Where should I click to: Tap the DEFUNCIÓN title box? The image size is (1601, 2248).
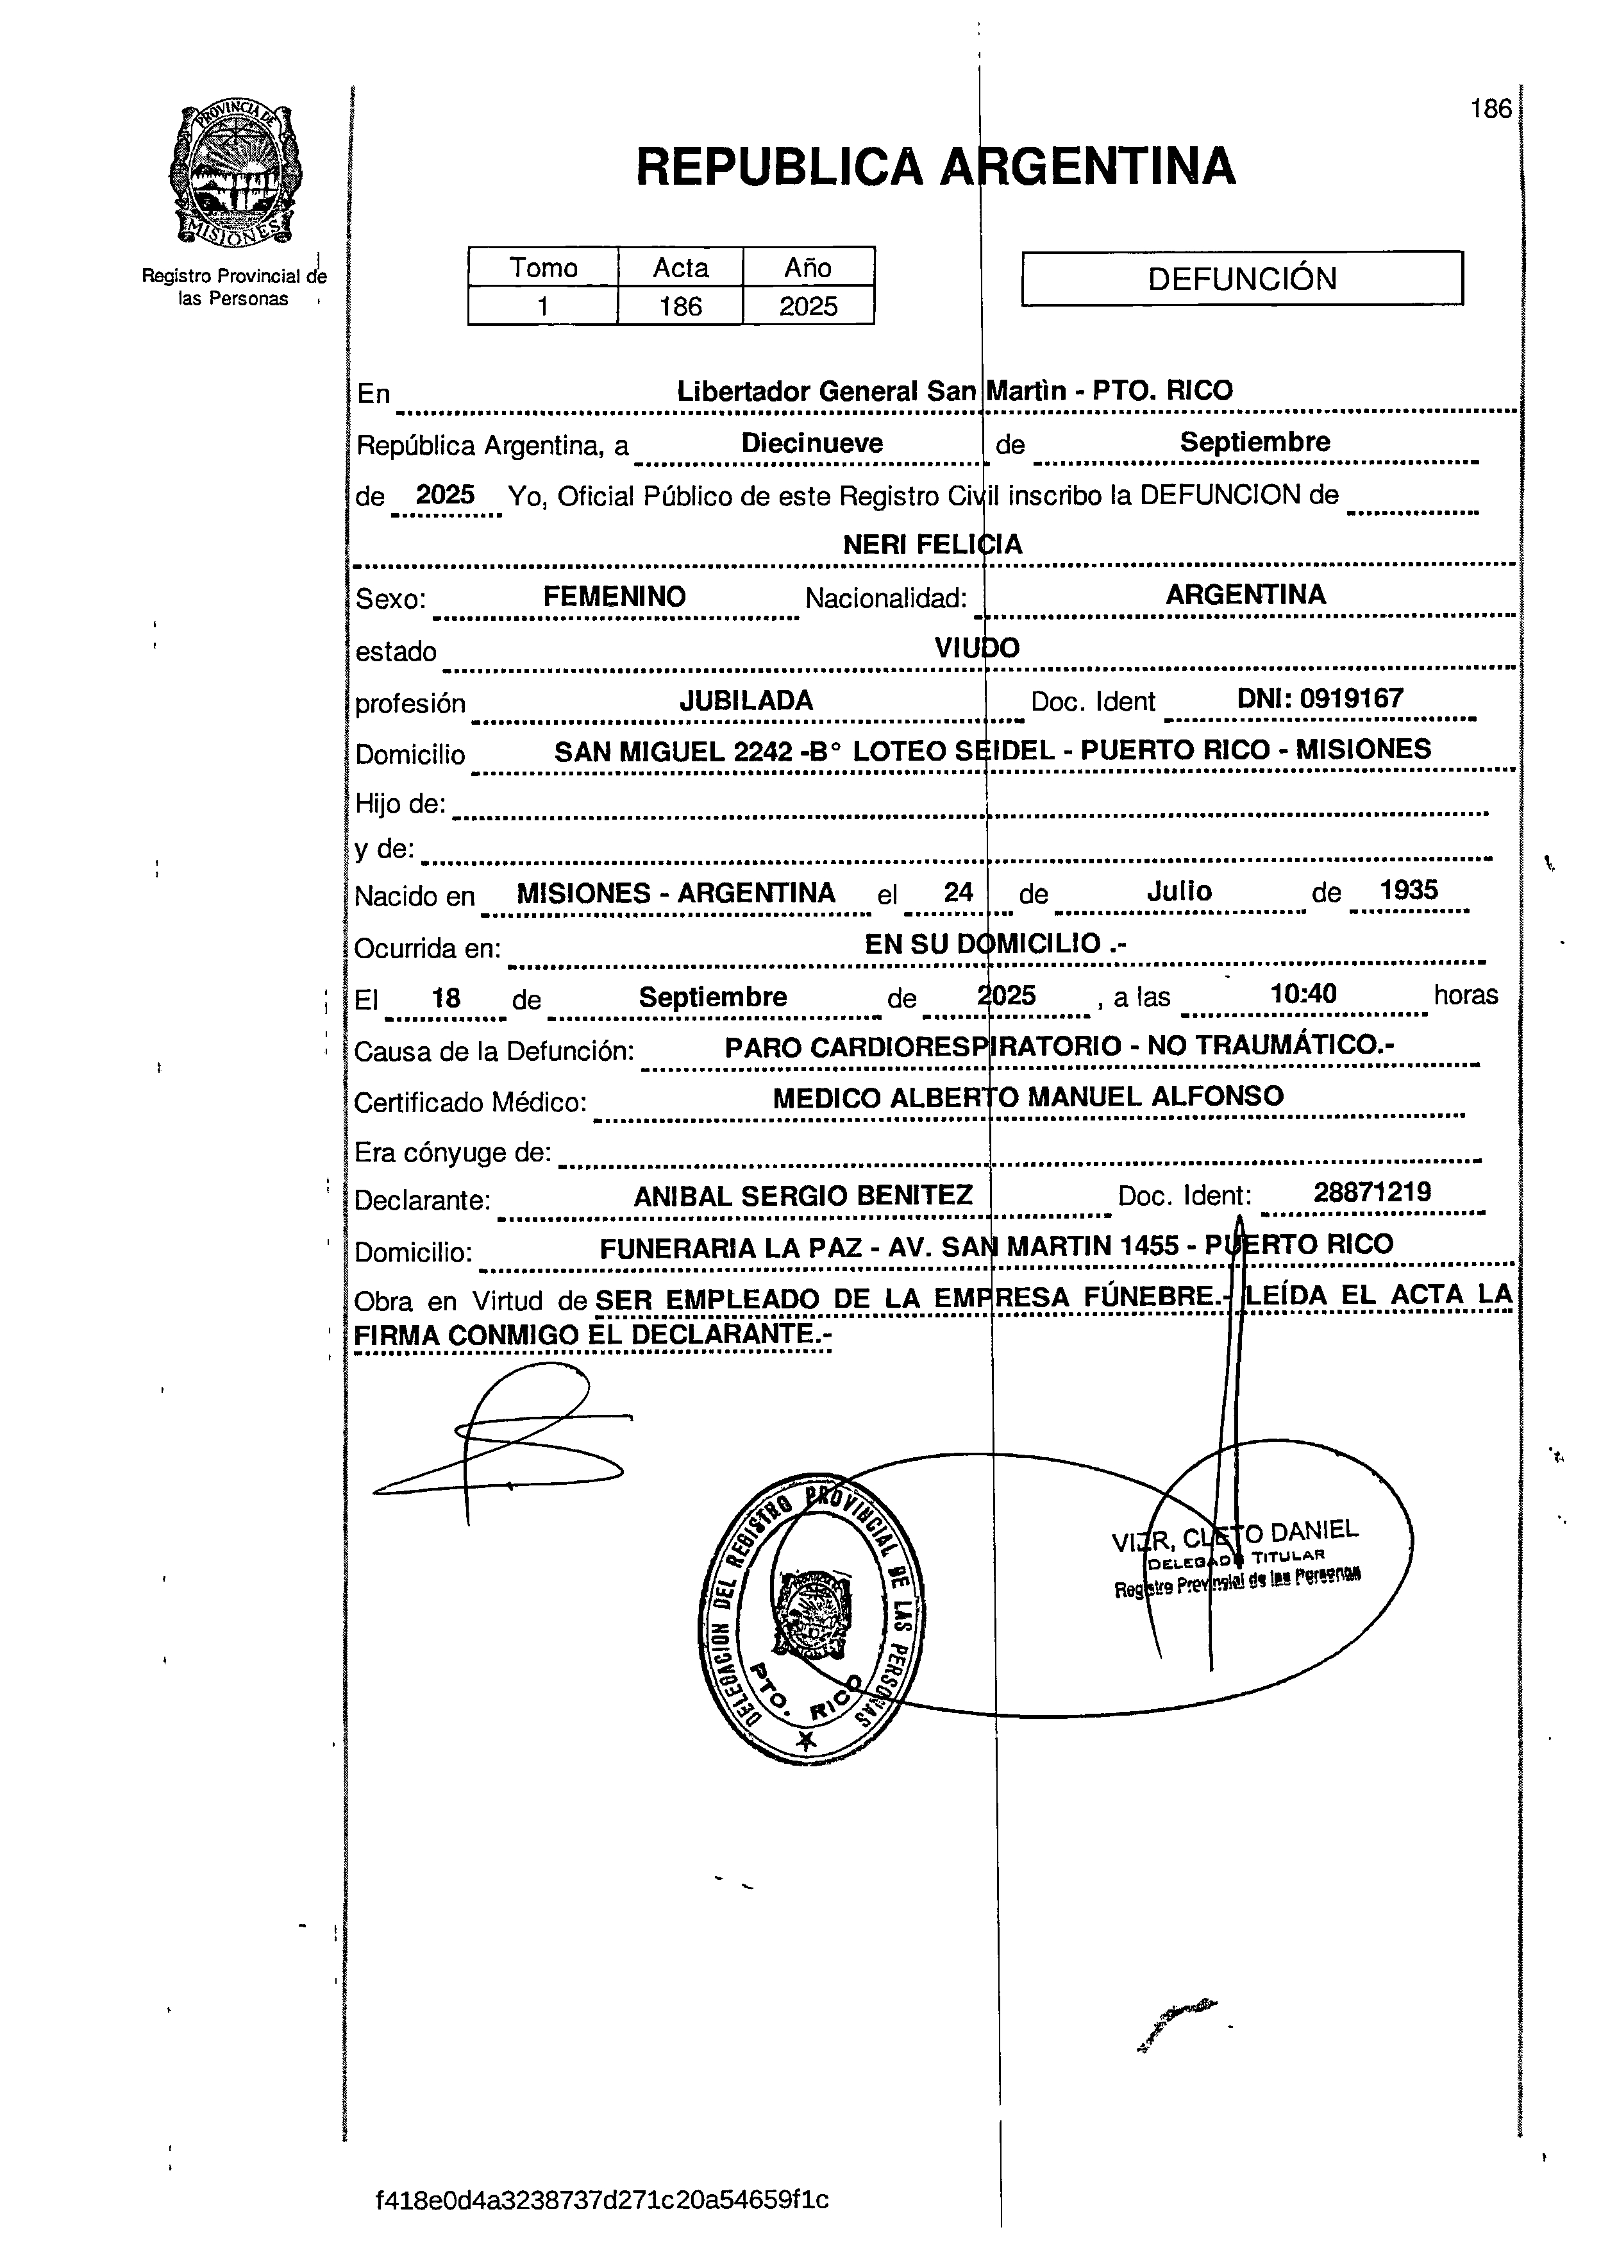(1241, 279)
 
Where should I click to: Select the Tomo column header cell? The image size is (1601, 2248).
(543, 268)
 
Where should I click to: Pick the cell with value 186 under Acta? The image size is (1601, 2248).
(680, 307)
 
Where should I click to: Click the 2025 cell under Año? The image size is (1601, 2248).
(809, 307)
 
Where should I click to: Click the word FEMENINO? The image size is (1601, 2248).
(614, 596)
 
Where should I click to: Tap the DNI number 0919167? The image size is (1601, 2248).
(1350, 699)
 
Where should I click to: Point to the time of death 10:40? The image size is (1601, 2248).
(1303, 994)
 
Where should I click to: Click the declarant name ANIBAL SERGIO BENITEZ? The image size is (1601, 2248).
(803, 1196)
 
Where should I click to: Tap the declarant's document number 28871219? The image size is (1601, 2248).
(1371, 1192)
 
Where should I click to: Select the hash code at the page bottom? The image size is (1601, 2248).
(601, 2200)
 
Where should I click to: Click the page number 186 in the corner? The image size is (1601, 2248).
(1489, 108)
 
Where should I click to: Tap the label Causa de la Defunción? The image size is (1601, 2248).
(493, 1052)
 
